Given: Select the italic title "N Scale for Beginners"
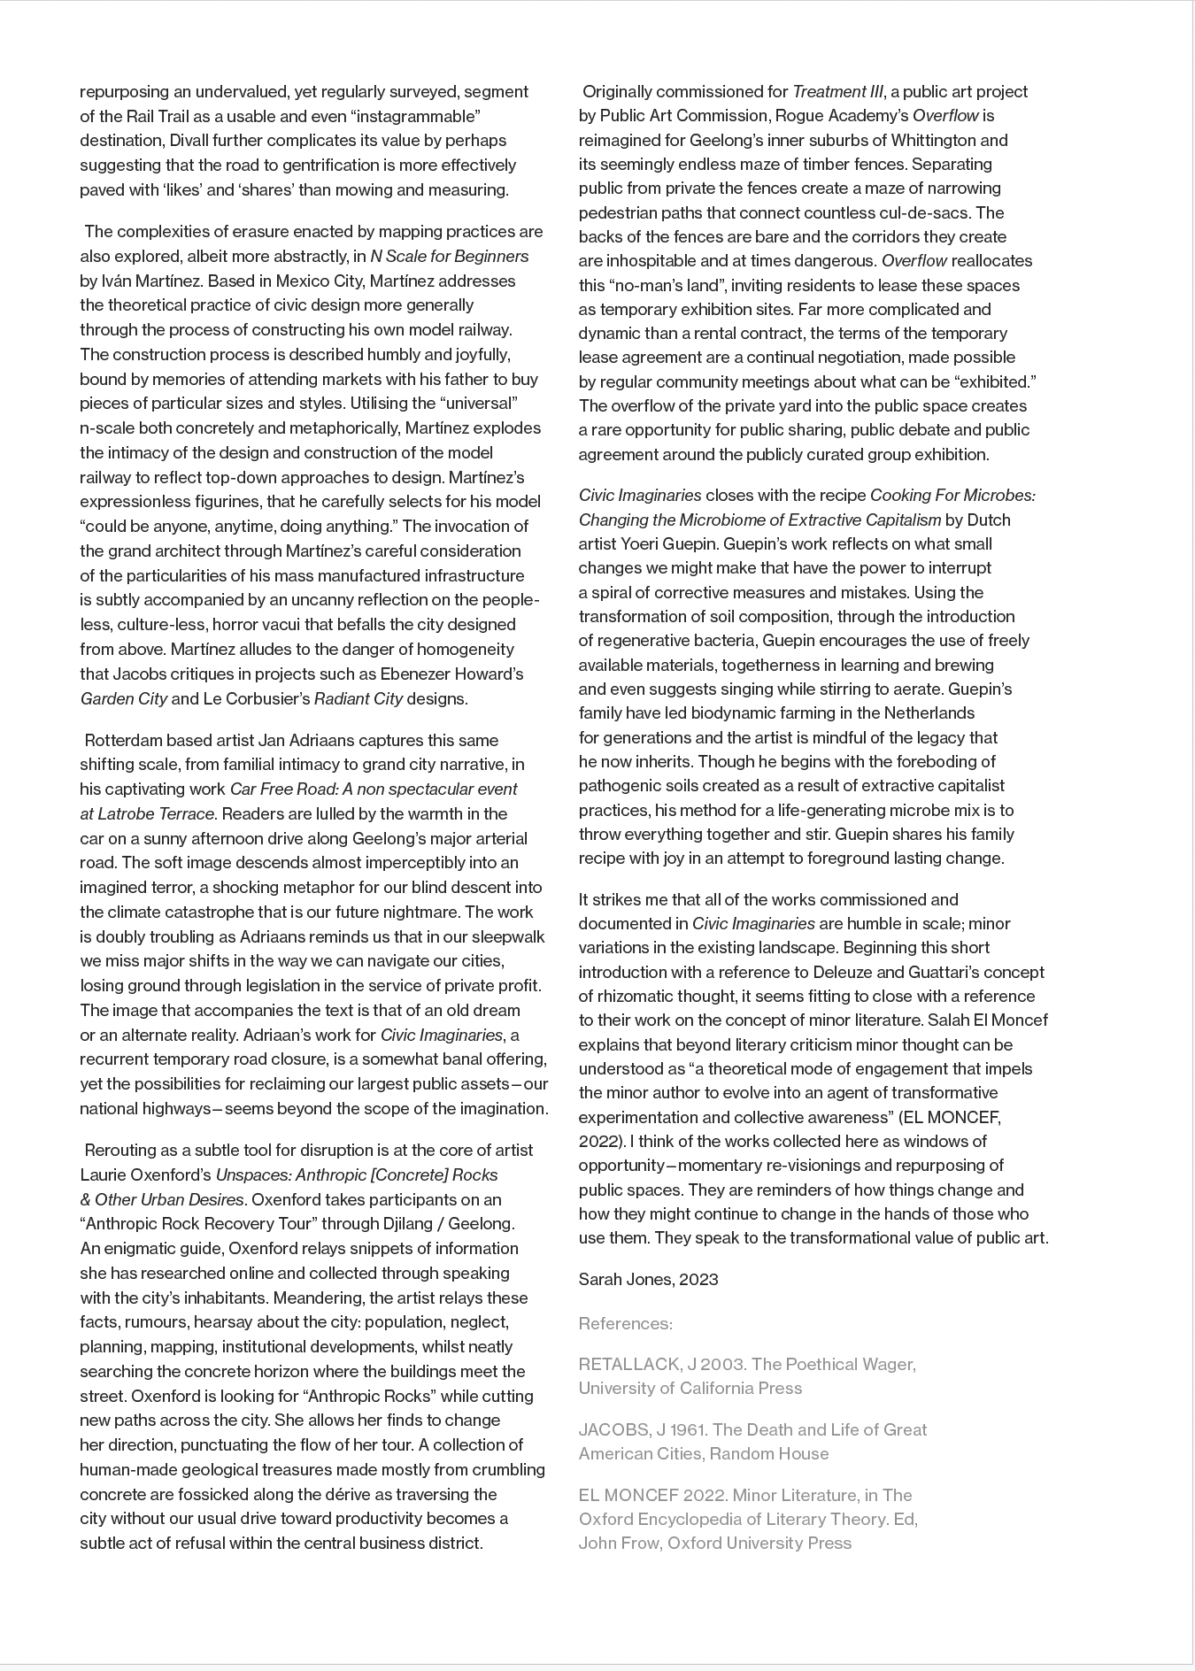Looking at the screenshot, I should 449,256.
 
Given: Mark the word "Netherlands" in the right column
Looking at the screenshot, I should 929,712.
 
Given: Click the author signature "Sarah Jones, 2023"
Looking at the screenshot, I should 648,1279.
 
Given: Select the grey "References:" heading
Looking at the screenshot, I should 625,1323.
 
